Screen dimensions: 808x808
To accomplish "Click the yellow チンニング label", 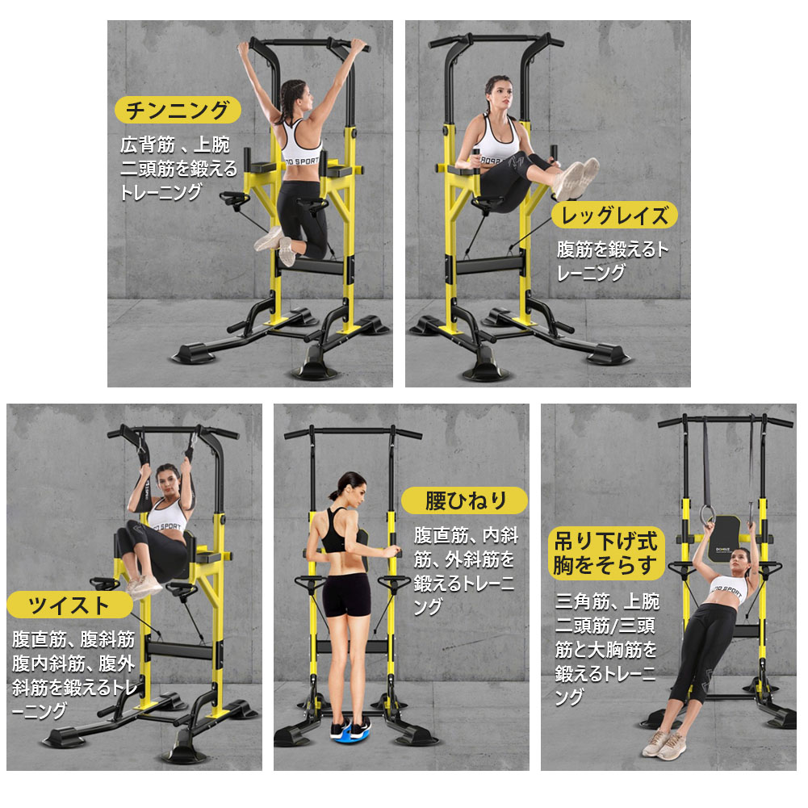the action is pyautogui.click(x=178, y=111).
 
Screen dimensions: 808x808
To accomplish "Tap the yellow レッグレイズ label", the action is pyautogui.click(x=614, y=215).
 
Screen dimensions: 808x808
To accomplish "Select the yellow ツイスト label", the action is pyautogui.click(x=70, y=605).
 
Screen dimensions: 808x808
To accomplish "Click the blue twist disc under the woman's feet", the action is pyautogui.click(x=351, y=730).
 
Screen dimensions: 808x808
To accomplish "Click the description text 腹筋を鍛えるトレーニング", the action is pyautogui.click(x=612, y=262).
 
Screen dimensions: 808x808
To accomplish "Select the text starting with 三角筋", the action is pyautogui.click(x=607, y=649).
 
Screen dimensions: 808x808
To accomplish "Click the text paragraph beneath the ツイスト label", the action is pyautogui.click(x=74, y=674).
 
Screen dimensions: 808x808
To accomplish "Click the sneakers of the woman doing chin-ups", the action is pyautogui.click(x=275, y=246).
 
